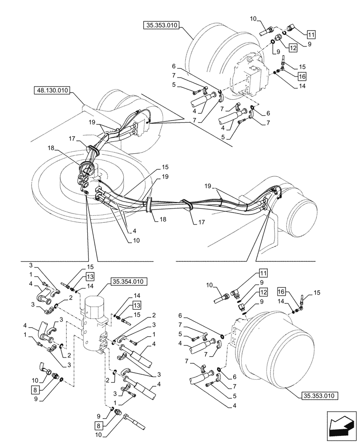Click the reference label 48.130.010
pyautogui.click(x=51, y=91)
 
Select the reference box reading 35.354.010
pyautogui.click(x=128, y=281)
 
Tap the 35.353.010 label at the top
pyautogui.click(x=160, y=26)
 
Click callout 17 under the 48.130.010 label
pyautogui.click(x=72, y=139)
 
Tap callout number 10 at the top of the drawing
pyautogui.click(x=253, y=18)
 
